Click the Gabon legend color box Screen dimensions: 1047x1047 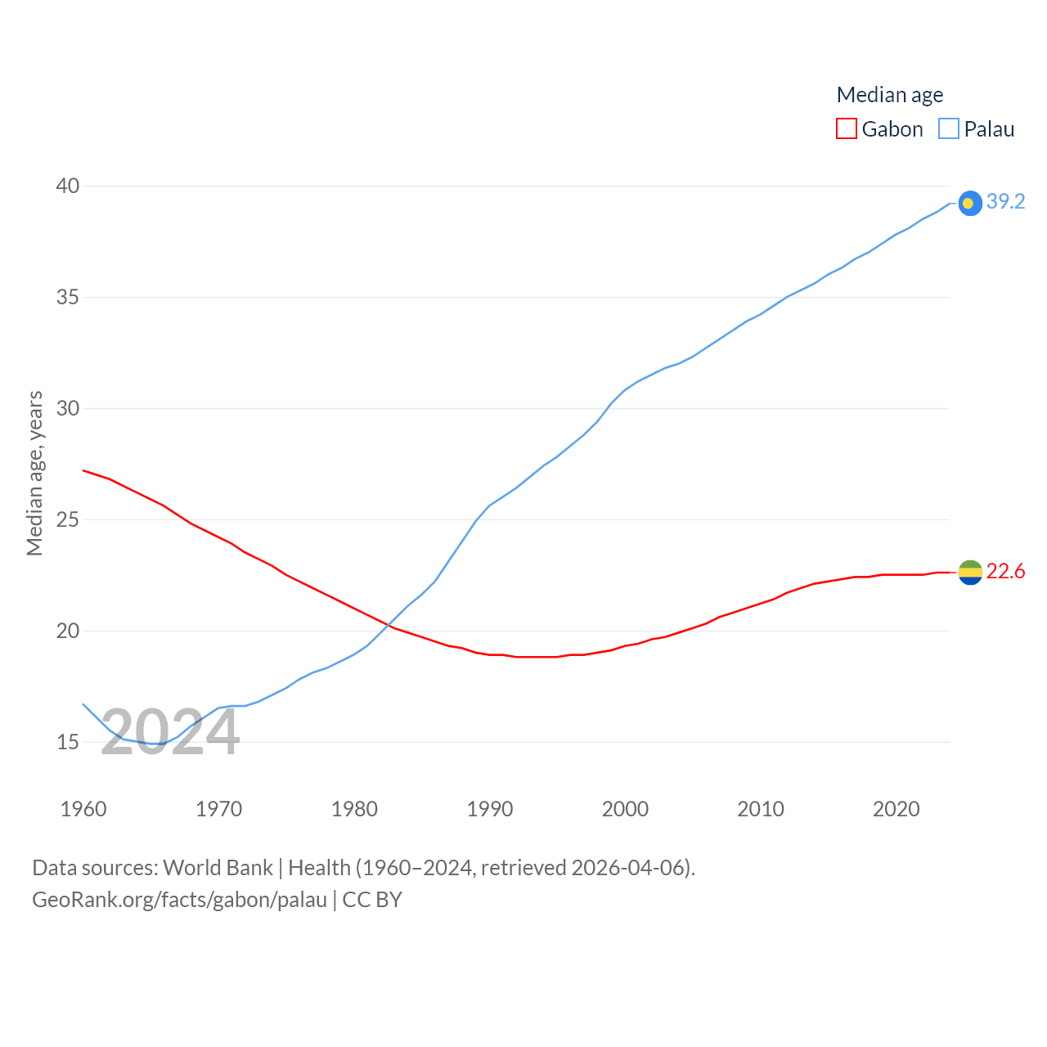coord(847,129)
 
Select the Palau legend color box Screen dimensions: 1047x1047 coord(949,129)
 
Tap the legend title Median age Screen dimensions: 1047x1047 coord(889,95)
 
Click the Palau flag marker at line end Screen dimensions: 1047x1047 coord(970,203)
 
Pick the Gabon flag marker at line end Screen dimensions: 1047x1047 coord(970,573)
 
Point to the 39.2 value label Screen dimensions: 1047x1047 coord(1005,201)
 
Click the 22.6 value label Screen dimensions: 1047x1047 coord(1005,571)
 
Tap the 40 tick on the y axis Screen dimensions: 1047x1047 coord(68,186)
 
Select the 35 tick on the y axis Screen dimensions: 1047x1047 coord(68,297)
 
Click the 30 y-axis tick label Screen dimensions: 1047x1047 coord(68,408)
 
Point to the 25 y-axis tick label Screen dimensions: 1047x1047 coord(68,519)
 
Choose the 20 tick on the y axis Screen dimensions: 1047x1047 coord(68,631)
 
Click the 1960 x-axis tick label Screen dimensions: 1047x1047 coord(83,809)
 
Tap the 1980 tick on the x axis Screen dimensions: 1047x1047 coord(354,809)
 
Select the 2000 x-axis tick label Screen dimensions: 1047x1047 coord(625,809)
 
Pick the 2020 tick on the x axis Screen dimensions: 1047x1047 coord(896,809)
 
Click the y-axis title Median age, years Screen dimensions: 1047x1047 coord(34,474)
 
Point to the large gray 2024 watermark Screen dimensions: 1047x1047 coord(170,732)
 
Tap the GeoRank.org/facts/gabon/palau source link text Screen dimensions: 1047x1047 coord(179,900)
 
